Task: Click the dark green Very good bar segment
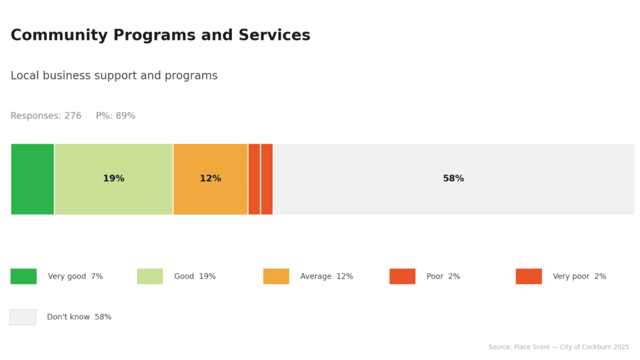pyautogui.click(x=32, y=179)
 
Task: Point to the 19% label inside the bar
pyautogui.click(x=114, y=179)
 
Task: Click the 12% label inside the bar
pyautogui.click(x=210, y=179)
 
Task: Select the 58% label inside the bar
pyautogui.click(x=453, y=179)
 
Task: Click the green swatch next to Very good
pyautogui.click(x=24, y=276)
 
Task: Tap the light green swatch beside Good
pyautogui.click(x=150, y=276)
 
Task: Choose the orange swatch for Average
pyautogui.click(x=276, y=276)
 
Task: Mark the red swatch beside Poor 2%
pyautogui.click(x=402, y=276)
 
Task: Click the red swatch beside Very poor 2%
pyautogui.click(x=529, y=276)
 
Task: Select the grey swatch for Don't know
pyautogui.click(x=22, y=317)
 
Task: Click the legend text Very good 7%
pyautogui.click(x=76, y=276)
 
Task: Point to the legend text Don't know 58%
pyautogui.click(x=79, y=317)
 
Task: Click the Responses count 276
pyautogui.click(x=72, y=116)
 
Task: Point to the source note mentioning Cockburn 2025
pyautogui.click(x=559, y=347)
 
